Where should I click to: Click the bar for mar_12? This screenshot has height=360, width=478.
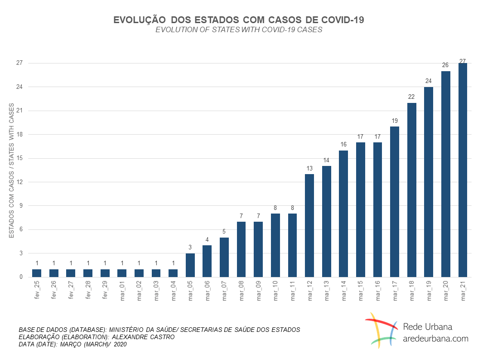click(x=309, y=225)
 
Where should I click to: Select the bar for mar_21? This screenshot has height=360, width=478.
click(x=463, y=170)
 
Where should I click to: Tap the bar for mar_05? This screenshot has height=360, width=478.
click(x=190, y=265)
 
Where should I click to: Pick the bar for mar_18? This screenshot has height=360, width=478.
click(x=411, y=190)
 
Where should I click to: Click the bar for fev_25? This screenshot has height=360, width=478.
click(x=36, y=273)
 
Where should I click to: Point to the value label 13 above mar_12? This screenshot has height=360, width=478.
click(x=309, y=168)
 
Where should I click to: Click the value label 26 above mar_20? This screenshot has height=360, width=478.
click(x=445, y=65)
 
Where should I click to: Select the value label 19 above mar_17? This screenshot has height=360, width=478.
click(x=395, y=121)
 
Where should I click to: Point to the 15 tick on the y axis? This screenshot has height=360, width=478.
click(x=19, y=158)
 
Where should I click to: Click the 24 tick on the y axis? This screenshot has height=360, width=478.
click(x=19, y=87)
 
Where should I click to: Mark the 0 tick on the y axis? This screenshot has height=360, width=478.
click(x=21, y=277)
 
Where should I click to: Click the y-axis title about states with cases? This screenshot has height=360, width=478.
click(x=12, y=170)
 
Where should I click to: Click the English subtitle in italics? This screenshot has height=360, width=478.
click(x=239, y=30)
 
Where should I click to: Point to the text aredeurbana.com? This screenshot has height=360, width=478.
click(x=435, y=338)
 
